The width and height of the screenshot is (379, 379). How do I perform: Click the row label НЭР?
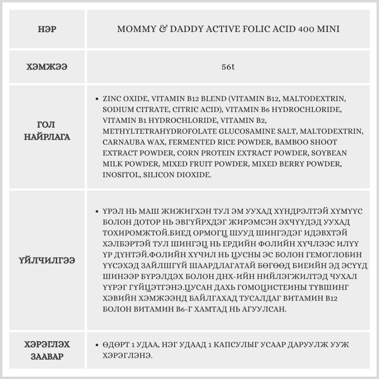click(47, 30)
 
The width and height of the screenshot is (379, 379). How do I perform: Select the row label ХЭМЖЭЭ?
click(47, 67)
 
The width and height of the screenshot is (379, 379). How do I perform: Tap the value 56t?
click(228, 67)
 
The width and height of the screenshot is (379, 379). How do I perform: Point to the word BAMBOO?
click(293, 142)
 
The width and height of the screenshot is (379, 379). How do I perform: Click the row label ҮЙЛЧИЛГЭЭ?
click(47, 261)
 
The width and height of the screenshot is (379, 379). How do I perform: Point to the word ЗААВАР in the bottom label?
click(47, 357)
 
